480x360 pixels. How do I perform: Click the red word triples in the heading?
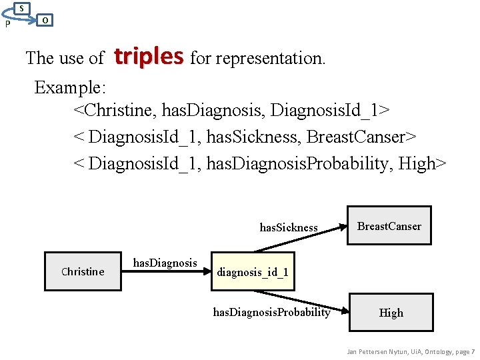click(149, 57)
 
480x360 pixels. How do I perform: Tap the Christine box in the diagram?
click(83, 271)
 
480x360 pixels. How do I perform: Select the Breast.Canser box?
click(389, 227)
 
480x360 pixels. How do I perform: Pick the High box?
click(391, 313)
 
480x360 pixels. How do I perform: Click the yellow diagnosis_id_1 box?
click(253, 272)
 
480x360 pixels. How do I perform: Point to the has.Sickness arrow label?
click(289, 227)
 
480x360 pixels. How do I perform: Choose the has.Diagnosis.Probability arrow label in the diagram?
click(271, 312)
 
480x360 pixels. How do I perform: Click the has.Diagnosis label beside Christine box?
click(165, 263)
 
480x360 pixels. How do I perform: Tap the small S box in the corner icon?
click(22, 8)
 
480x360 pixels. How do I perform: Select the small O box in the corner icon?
click(44, 20)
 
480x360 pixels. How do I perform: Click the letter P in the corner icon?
click(7, 25)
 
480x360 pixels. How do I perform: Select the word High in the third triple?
click(417, 163)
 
